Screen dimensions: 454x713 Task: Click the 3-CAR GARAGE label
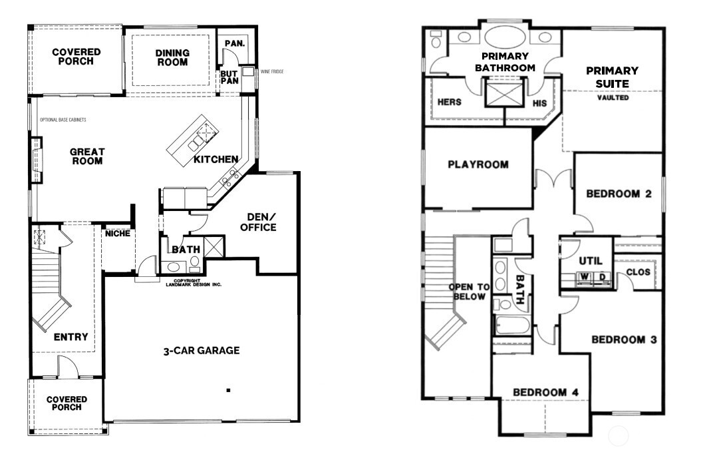click(x=201, y=351)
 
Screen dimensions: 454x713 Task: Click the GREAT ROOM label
click(x=86, y=156)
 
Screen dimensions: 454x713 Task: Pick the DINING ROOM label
click(x=172, y=58)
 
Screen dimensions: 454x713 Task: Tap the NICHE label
click(x=118, y=234)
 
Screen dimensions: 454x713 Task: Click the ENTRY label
click(x=71, y=337)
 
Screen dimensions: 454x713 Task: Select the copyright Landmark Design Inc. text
click(x=193, y=282)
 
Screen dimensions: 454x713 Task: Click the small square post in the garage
click(x=228, y=390)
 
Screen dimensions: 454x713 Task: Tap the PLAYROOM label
click(x=478, y=164)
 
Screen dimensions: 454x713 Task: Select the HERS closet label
click(x=450, y=103)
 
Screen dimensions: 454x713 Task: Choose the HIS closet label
click(x=539, y=103)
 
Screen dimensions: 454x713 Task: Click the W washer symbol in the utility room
click(x=584, y=276)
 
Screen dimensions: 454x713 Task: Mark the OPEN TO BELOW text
click(x=470, y=292)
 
